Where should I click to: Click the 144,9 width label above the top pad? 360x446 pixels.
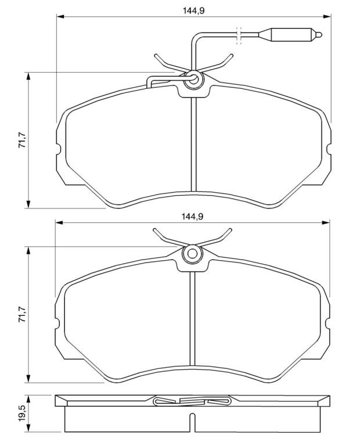coord(194,11)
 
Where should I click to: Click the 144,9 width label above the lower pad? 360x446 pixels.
coord(193,217)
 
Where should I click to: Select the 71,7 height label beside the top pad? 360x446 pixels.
coord(22,140)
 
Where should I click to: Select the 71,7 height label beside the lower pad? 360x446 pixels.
coord(22,314)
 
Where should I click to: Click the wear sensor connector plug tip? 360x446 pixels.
coord(319,35)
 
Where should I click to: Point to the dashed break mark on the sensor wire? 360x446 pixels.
coord(239,35)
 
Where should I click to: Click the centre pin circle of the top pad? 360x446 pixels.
coord(194,79)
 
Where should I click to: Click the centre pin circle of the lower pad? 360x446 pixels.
coord(192,254)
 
